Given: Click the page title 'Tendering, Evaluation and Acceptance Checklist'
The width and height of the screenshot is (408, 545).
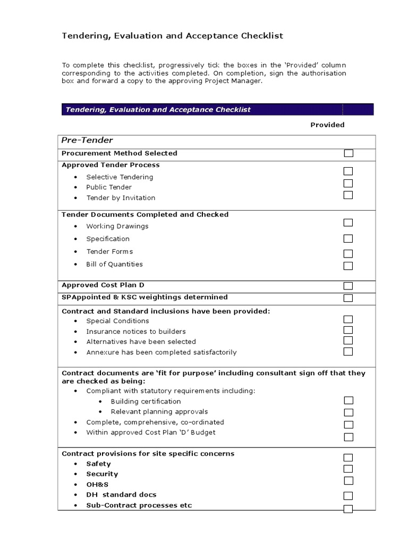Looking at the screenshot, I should pyautogui.click(x=173, y=36).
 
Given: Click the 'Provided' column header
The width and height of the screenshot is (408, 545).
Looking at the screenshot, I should pyautogui.click(x=327, y=125).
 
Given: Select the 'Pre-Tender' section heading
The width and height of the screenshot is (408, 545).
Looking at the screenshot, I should pyautogui.click(x=88, y=141).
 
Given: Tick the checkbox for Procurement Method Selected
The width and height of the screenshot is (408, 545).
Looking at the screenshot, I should pyautogui.click(x=348, y=153).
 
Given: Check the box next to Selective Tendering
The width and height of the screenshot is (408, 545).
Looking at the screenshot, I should pyautogui.click(x=348, y=171).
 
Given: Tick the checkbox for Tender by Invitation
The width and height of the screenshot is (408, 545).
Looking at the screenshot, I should pyautogui.click(x=348, y=195).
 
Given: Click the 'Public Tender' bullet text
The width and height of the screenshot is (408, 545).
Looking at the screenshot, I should pyautogui.click(x=109, y=187).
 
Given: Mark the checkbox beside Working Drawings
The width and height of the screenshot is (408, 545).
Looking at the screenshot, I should pyautogui.click(x=348, y=222).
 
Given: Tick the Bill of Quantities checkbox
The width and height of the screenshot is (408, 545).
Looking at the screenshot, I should pyautogui.click(x=348, y=266).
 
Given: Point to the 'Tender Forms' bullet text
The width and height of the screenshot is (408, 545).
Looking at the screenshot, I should pyautogui.click(x=109, y=252).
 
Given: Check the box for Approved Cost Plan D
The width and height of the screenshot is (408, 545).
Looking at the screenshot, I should pyautogui.click(x=348, y=286).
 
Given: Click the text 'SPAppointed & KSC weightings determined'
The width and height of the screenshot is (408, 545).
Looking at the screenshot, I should pyautogui.click(x=144, y=297).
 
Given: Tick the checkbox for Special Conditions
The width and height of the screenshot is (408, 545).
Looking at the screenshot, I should pyautogui.click(x=348, y=319).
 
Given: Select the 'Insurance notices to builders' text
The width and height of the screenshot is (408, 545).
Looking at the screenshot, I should pyautogui.click(x=136, y=332).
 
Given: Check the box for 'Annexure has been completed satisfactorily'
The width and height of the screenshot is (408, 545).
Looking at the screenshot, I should pyautogui.click(x=348, y=351).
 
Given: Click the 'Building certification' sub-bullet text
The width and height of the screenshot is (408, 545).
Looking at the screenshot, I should pyautogui.click(x=146, y=401).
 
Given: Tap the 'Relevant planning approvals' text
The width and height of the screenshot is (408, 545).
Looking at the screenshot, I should pyautogui.click(x=159, y=412).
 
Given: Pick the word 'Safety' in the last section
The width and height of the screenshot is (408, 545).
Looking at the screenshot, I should pyautogui.click(x=98, y=464).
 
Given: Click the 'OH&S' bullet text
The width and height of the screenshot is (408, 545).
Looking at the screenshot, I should pyautogui.click(x=97, y=485).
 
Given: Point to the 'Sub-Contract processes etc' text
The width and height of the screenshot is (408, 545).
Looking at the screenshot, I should pyautogui.click(x=139, y=506).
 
